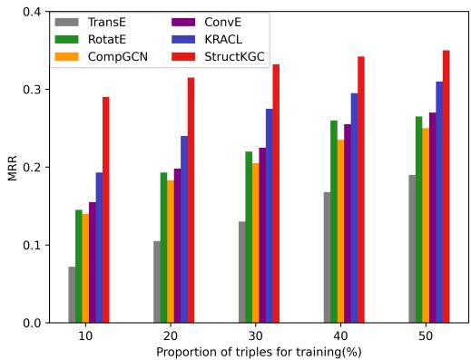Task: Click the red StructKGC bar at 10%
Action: (106, 209)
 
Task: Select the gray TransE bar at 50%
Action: (412, 248)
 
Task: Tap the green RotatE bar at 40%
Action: (334, 221)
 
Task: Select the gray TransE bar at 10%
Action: (72, 295)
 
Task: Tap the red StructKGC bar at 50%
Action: (446, 186)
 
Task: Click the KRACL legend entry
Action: (197, 39)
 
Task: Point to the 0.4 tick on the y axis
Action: (32, 12)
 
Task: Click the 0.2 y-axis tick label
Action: (32, 168)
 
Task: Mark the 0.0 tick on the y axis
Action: (32, 323)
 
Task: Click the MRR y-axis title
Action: (12, 168)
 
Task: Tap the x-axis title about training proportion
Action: (259, 351)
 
